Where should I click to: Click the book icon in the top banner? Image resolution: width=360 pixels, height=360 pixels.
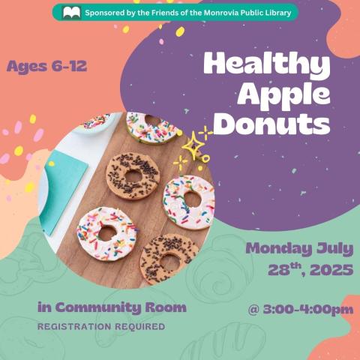pos(72,13)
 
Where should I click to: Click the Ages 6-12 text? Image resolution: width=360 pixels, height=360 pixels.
pos(46,67)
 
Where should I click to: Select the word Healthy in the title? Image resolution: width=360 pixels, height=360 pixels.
pos(266,65)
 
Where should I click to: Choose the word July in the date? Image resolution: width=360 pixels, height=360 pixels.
pos(337,248)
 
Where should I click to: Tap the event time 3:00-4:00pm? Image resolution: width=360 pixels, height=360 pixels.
pos(300,308)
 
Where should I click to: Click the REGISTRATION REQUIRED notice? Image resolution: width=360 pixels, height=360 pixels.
pos(100,327)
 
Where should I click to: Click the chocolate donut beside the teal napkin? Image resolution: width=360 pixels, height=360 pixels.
pos(132,175)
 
